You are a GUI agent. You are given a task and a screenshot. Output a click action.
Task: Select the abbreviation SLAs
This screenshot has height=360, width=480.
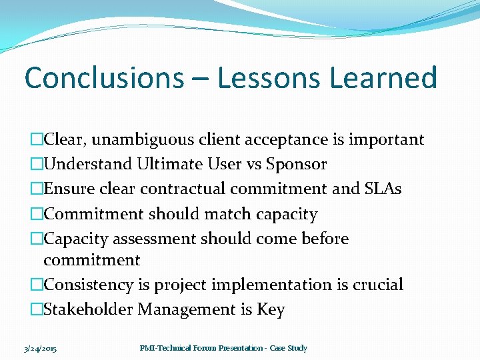383,189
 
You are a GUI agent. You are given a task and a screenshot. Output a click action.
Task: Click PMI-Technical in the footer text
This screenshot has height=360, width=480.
167,348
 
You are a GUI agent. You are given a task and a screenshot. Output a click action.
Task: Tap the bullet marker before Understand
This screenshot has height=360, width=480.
37,164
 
